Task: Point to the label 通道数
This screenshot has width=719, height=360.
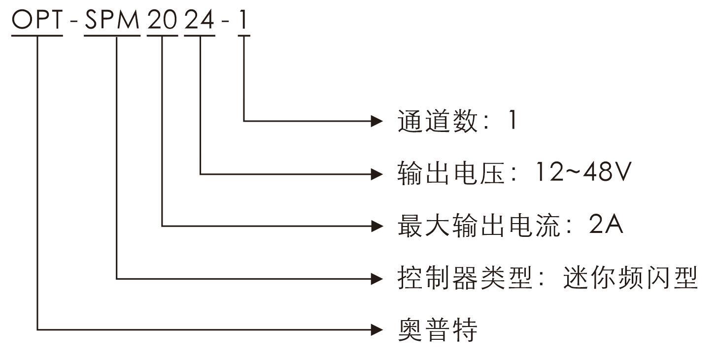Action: tap(438, 120)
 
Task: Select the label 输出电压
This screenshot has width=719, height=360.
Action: tap(451, 173)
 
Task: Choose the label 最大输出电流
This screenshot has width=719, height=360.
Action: tap(478, 226)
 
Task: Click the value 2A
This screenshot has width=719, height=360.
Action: tap(605, 226)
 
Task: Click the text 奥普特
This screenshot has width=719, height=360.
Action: tap(438, 330)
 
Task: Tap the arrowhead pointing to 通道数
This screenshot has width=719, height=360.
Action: tap(377, 120)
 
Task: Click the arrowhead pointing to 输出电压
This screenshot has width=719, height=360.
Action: tap(377, 173)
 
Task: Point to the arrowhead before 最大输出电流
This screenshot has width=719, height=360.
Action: tap(377, 226)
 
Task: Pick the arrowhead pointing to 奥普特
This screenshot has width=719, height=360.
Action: tap(377, 330)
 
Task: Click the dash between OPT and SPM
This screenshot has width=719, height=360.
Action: tap(74, 22)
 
